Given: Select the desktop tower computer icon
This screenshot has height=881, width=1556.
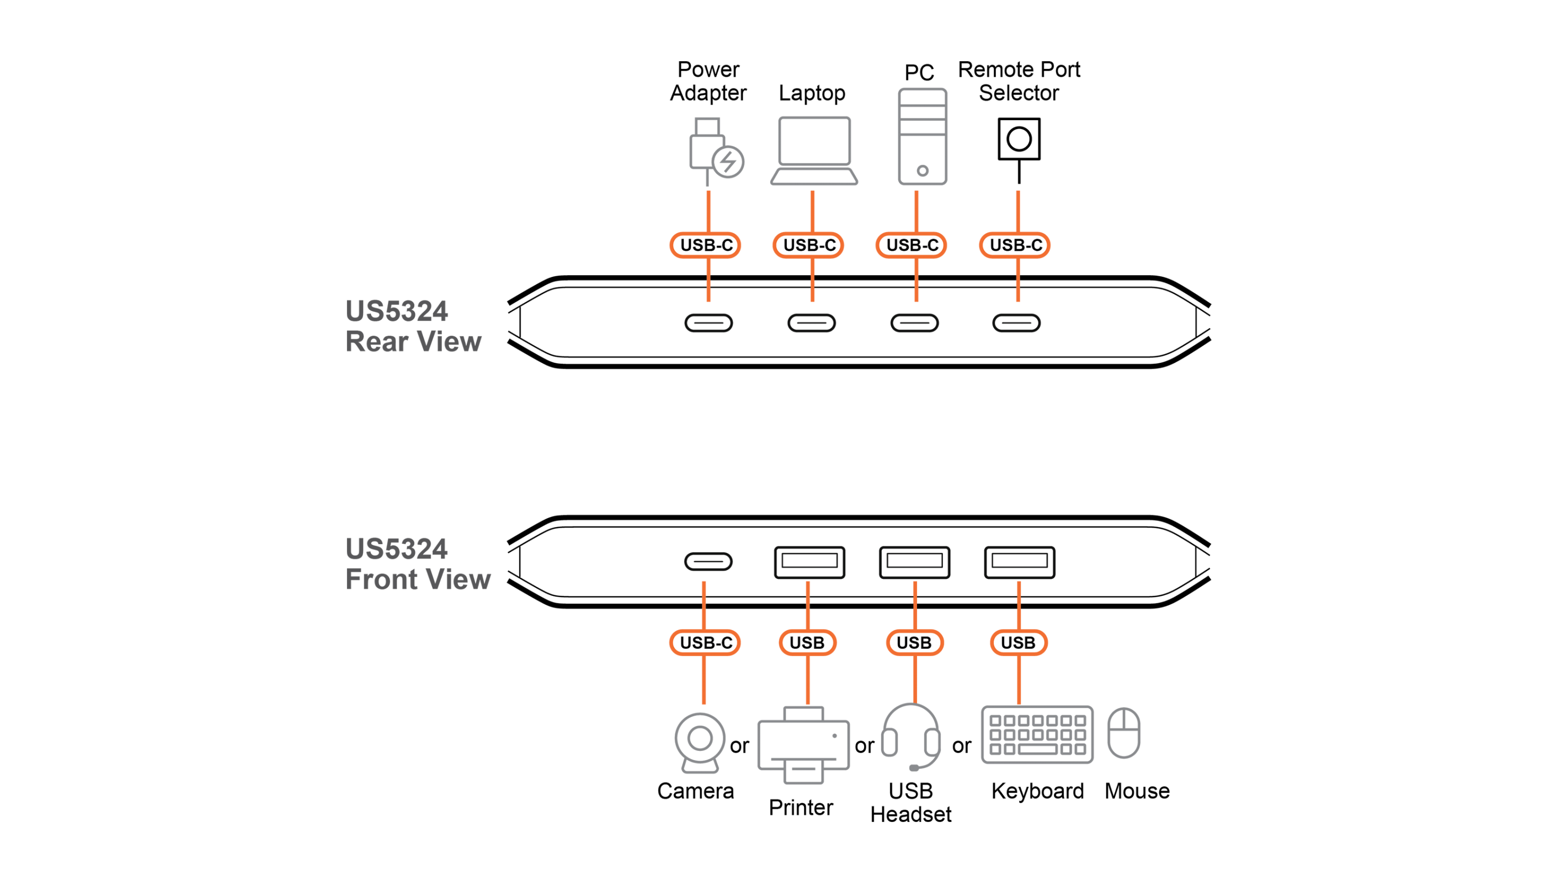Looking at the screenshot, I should point(922,136).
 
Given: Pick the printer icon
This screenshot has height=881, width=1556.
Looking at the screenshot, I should point(803,745).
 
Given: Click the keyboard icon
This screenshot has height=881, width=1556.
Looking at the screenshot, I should point(1037,734).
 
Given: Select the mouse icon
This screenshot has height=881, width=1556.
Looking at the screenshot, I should point(1124,733).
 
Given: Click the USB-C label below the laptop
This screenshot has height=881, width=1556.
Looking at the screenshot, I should point(809,245).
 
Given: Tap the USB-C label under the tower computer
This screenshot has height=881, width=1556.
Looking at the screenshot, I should point(912,245).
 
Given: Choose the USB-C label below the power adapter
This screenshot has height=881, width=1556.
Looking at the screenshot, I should point(706,245).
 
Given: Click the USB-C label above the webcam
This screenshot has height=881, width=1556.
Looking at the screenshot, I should point(706,643).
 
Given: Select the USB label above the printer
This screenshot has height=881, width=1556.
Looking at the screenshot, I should point(807,643).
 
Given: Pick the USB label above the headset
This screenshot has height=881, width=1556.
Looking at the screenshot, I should point(914,643).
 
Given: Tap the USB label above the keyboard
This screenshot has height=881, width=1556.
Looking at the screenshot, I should point(1019,643).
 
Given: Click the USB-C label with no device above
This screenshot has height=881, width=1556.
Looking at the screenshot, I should point(1015,245).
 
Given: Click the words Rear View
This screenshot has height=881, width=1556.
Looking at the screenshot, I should point(413,342).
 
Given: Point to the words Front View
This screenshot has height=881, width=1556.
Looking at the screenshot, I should point(418,579).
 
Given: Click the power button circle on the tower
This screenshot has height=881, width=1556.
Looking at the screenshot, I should point(922,171).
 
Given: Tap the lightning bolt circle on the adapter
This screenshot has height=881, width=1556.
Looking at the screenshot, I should point(728,162).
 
